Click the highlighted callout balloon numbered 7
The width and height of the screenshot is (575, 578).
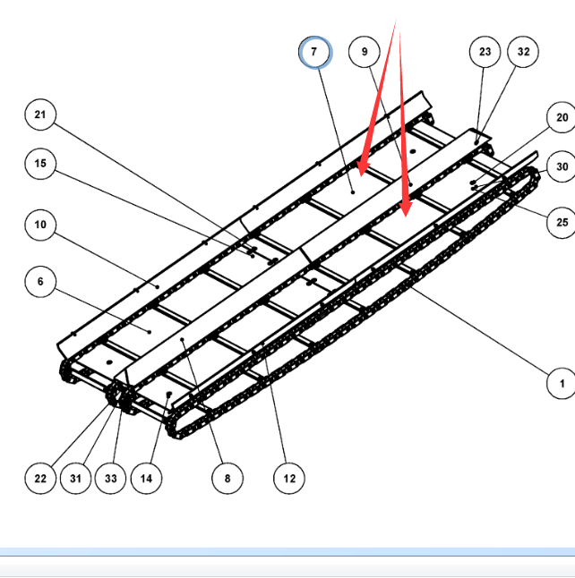pyautogui.click(x=315, y=52)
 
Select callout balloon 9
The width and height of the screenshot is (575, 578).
pyautogui.click(x=365, y=52)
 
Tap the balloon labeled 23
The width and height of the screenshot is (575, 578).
pyautogui.click(x=485, y=52)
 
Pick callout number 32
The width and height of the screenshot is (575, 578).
pyautogui.click(x=523, y=52)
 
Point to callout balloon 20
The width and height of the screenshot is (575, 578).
pyautogui.click(x=562, y=117)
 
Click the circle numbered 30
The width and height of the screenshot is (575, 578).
pyautogui.click(x=562, y=166)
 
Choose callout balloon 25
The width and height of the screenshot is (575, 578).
pyautogui.click(x=562, y=222)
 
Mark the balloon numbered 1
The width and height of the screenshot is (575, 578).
pyautogui.click(x=562, y=383)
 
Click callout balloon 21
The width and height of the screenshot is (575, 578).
pyautogui.click(x=40, y=115)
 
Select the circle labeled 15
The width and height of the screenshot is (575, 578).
pyautogui.click(x=40, y=164)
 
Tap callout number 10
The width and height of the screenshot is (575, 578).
pyautogui.click(x=40, y=225)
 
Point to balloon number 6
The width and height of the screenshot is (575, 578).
pyautogui.click(x=40, y=281)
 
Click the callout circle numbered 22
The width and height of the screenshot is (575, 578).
pyautogui.click(x=40, y=478)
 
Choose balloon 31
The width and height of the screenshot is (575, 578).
pyautogui.click(x=75, y=478)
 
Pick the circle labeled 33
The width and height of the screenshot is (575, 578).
pyautogui.click(x=110, y=478)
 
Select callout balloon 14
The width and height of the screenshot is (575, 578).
pyautogui.click(x=146, y=478)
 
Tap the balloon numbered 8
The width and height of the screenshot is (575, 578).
pyautogui.click(x=227, y=478)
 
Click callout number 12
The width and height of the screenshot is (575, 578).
pyautogui.click(x=289, y=478)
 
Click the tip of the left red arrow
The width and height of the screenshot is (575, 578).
pyautogui.click(x=361, y=176)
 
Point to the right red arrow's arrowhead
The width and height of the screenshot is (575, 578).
pyautogui.click(x=406, y=217)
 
